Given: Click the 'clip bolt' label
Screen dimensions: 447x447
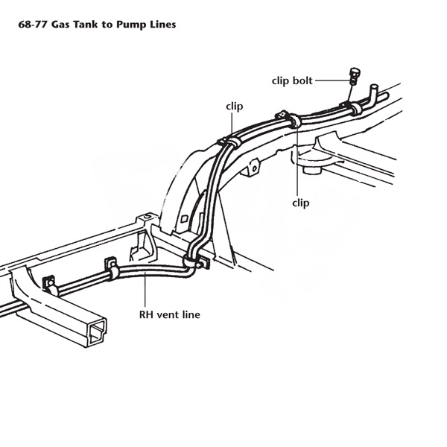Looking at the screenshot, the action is tap(292, 80).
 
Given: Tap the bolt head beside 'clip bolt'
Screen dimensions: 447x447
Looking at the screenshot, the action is tap(355, 72).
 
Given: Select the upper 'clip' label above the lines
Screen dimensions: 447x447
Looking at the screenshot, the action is tap(235, 106).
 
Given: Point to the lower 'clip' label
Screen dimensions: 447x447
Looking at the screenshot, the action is tap(301, 203).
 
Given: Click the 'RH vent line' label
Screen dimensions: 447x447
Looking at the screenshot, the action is tap(170, 314).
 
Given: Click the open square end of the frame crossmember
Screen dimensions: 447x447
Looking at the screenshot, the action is tap(98, 331).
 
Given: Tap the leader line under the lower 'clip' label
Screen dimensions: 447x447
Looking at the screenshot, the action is tap(297, 159).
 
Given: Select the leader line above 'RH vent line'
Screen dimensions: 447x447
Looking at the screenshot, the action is tap(145, 290).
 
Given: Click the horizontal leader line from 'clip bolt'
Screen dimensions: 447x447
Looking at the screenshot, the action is tap(332, 80).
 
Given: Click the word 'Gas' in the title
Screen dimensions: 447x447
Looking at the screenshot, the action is tap(60, 25).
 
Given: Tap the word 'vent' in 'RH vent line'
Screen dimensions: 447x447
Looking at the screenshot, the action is tap(168, 314).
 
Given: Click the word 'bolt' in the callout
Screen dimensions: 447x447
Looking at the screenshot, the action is tap(302, 80).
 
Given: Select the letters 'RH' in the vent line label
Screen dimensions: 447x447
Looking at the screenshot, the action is tap(147, 314).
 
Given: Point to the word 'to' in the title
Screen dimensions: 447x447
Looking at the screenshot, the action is tap(107, 25).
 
